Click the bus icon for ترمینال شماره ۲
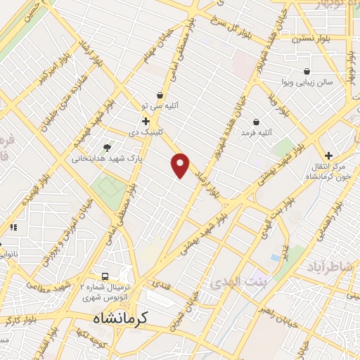tap(105, 277)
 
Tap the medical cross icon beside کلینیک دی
tap(146, 121)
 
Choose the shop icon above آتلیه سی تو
tap(160, 95)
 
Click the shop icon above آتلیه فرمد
tap(256, 122)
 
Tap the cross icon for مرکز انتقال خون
tap(328, 155)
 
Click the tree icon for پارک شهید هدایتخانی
tap(107, 148)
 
